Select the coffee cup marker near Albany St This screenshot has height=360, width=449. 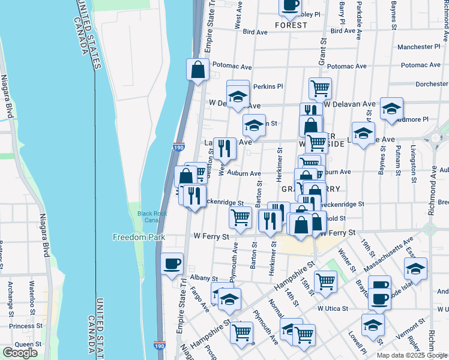[172, 264]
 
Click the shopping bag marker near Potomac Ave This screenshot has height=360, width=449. [197, 70]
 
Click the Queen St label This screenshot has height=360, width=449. [24, 344]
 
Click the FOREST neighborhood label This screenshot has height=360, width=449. [291, 26]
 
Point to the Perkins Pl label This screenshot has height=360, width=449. [267, 86]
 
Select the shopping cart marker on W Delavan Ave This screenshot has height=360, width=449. [321, 88]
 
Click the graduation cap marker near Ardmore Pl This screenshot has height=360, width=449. [391, 109]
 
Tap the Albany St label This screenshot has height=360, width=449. [203, 278]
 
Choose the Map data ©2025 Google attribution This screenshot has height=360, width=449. [412, 355]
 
